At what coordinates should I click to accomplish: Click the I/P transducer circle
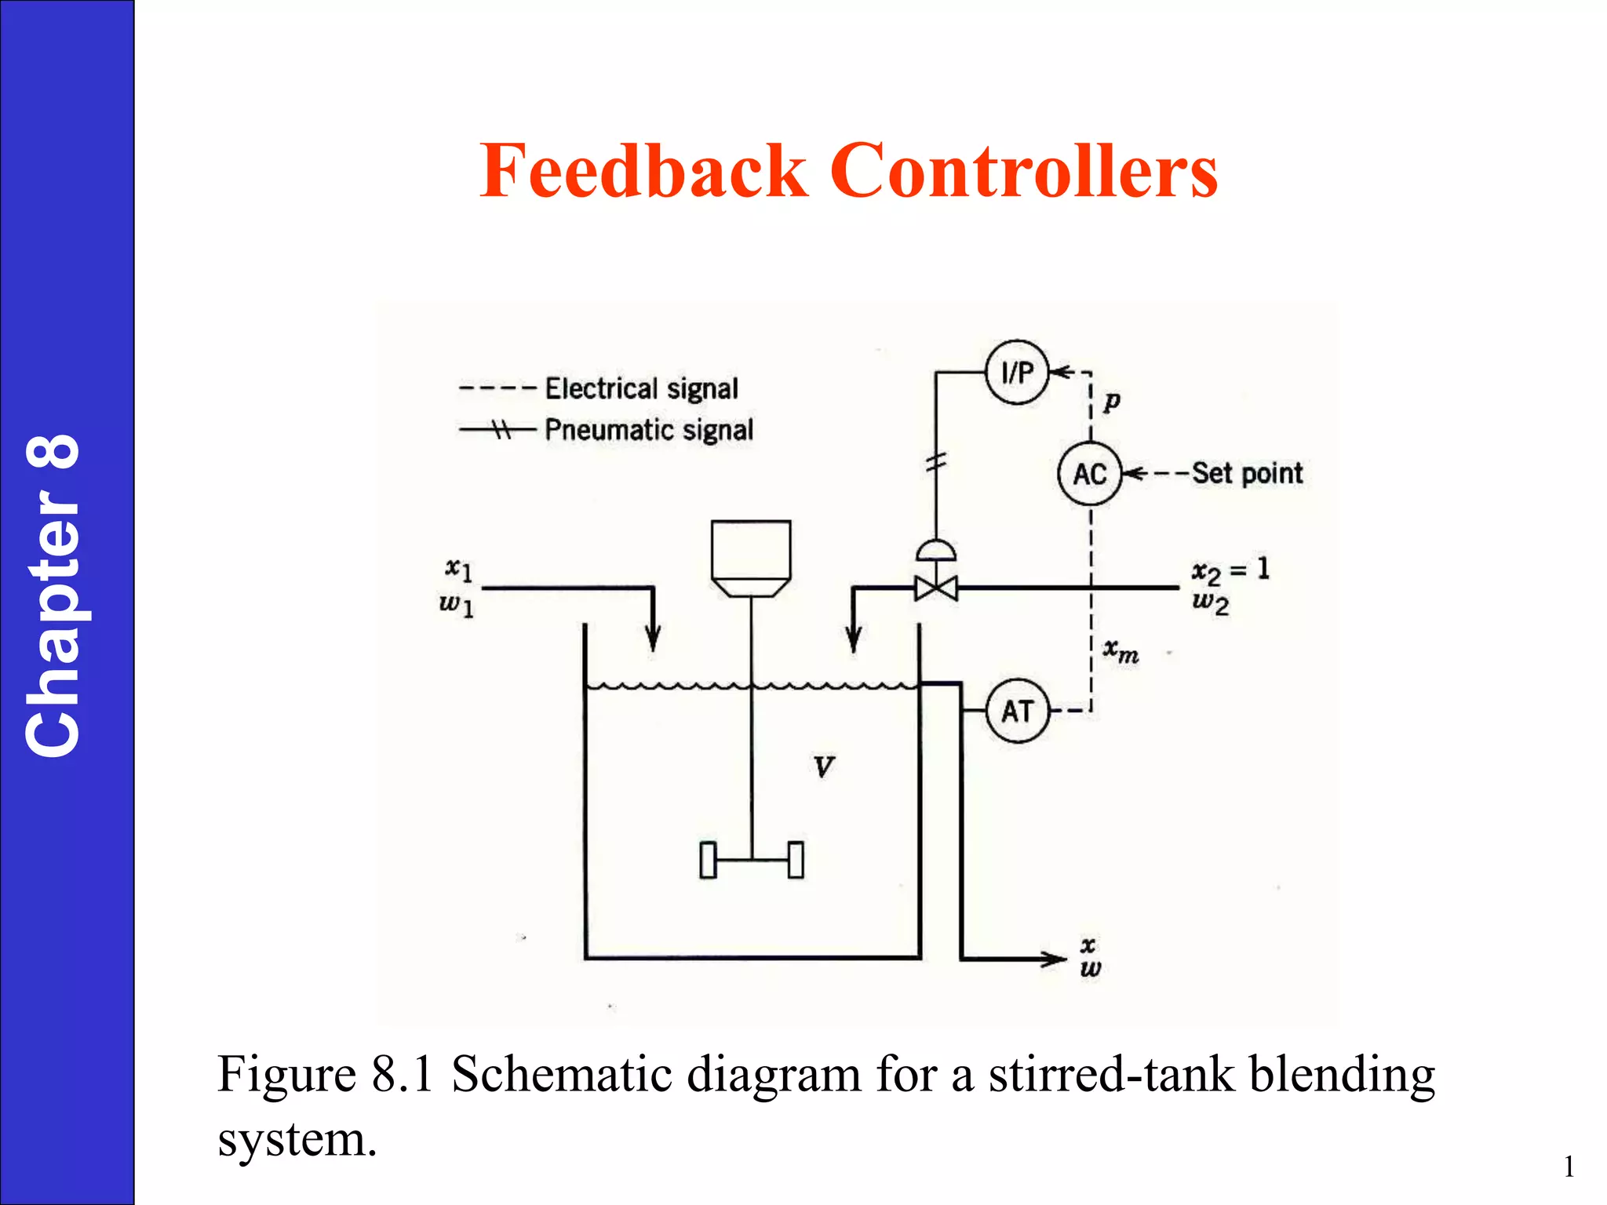point(1017,372)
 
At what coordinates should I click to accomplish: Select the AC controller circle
point(1090,473)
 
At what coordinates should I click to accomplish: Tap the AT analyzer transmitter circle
point(1017,711)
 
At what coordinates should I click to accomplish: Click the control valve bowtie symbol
point(936,588)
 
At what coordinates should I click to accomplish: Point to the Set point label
point(1247,473)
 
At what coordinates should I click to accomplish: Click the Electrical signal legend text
point(641,388)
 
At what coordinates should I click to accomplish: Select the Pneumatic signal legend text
point(649,430)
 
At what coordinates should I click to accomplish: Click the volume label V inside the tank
point(823,766)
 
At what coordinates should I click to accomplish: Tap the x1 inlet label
point(459,568)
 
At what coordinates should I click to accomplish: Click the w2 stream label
point(1210,603)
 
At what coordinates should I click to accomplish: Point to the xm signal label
point(1121,650)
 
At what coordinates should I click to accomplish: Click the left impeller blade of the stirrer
point(709,860)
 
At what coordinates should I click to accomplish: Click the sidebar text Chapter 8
point(53,596)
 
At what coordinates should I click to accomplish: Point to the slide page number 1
point(1569,1167)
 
